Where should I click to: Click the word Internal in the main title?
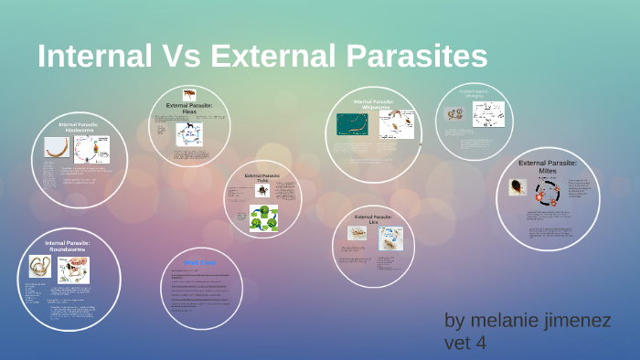coord(94,56)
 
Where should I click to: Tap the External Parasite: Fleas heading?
coord(189,108)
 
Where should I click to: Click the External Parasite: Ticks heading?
coord(262,176)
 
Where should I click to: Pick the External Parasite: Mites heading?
coord(549,166)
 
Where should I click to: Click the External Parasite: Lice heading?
coord(372,219)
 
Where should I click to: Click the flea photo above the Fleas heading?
coord(189,94)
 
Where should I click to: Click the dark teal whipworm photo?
coord(351,123)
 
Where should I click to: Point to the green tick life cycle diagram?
coord(263,218)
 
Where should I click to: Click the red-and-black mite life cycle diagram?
coord(549,192)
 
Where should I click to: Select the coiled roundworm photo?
coord(41,267)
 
